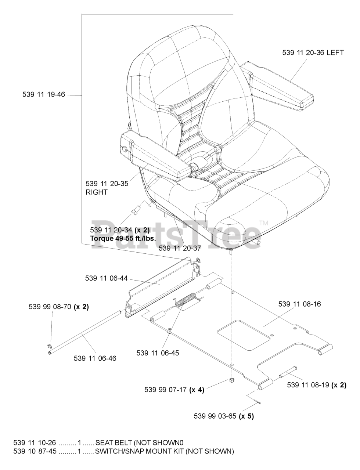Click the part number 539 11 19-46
click(x=43, y=95)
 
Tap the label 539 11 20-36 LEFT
click(x=313, y=53)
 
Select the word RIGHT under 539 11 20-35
click(x=96, y=192)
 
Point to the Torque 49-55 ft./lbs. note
click(x=123, y=238)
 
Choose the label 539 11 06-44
click(x=107, y=278)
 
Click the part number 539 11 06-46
click(x=95, y=358)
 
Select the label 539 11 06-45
click(x=158, y=353)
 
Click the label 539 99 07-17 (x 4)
click(x=174, y=390)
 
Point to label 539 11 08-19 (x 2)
click(x=316, y=385)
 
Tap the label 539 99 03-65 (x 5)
click(x=224, y=416)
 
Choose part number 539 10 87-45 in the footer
click(x=35, y=451)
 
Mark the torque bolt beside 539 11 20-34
click(x=136, y=211)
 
